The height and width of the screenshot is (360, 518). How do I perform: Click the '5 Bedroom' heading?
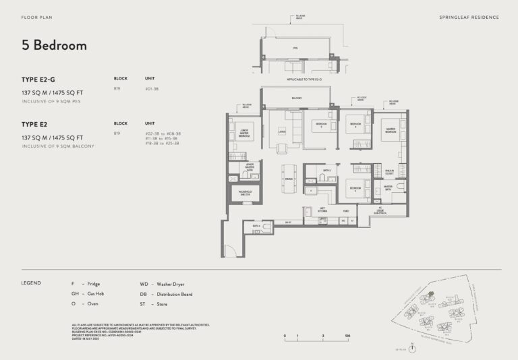pyautogui.click(x=54, y=46)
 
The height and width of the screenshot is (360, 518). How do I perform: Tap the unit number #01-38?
pyautogui.click(x=152, y=90)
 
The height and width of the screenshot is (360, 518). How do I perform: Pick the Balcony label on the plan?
pyautogui.click(x=297, y=98)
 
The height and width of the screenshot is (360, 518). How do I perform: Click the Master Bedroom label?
pyautogui.click(x=391, y=130)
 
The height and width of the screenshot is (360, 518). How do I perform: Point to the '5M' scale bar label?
pyautogui.click(x=347, y=335)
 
